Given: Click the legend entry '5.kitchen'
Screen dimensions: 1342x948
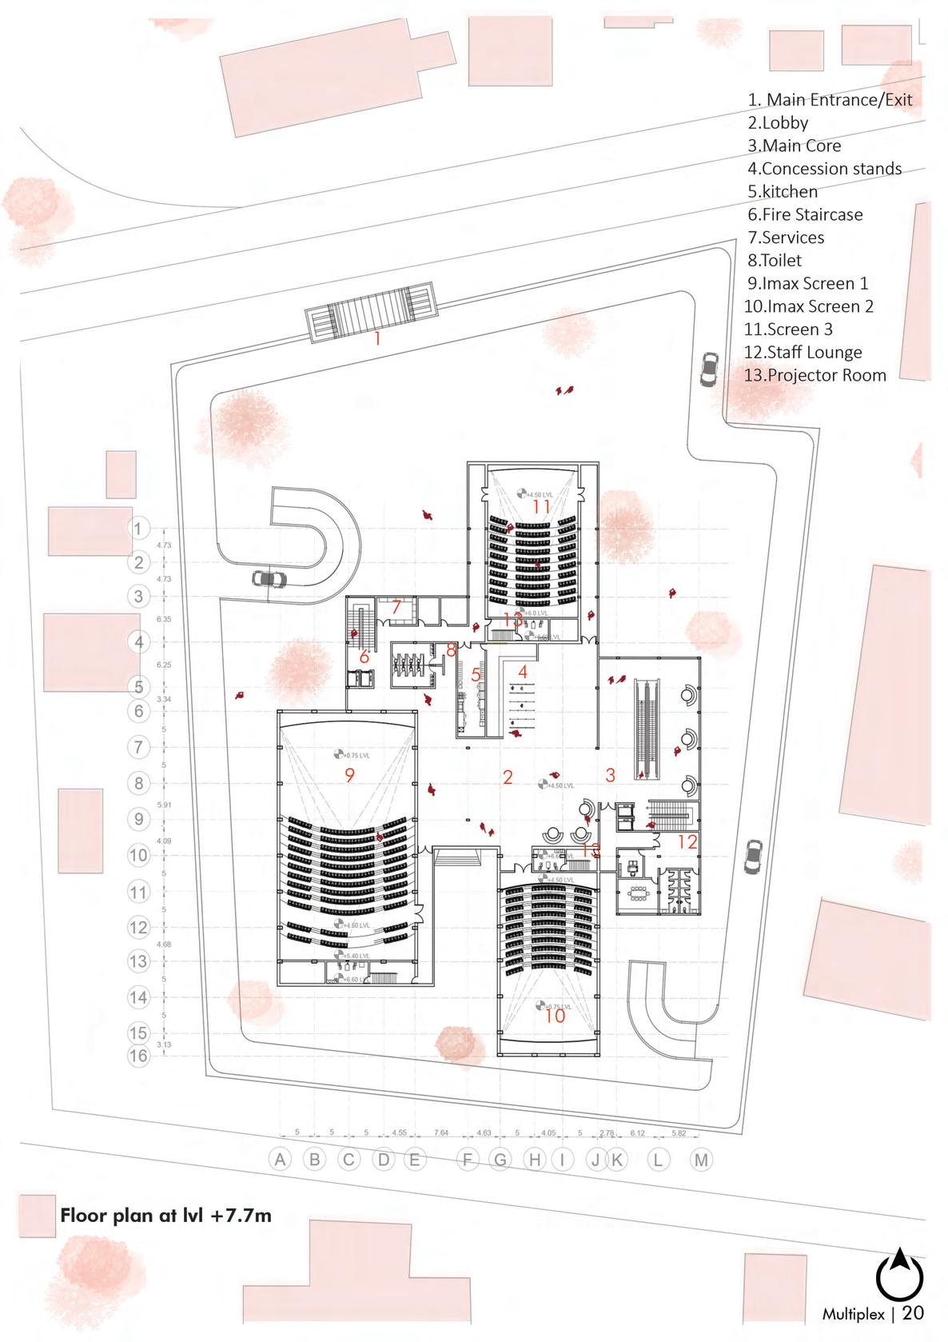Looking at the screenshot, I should [783, 192].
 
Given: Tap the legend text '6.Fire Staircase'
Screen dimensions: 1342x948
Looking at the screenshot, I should [806, 214].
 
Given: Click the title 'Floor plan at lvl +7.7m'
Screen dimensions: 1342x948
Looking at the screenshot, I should [165, 1216].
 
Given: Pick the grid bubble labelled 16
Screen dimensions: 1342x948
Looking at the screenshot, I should [139, 1056].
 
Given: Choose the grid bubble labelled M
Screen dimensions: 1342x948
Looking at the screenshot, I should [700, 1160].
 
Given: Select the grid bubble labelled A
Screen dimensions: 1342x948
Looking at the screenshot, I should [280, 1160].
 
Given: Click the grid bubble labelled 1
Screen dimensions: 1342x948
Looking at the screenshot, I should [139, 529].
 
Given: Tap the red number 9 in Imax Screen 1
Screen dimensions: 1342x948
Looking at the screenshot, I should [349, 774].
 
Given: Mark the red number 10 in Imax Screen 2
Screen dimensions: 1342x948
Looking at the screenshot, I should [555, 1016].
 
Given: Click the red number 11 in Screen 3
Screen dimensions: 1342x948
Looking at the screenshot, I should [541, 506].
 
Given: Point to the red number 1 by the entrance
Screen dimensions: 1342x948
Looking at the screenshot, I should [378, 339].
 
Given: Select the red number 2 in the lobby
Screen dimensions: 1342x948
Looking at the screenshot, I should [508, 777].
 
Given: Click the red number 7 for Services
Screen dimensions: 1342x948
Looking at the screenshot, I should [396, 607].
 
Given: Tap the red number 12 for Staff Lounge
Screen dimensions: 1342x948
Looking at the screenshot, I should [687, 841].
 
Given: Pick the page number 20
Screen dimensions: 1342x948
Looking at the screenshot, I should [915, 1312].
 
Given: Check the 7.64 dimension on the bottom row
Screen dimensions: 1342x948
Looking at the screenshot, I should [440, 1132].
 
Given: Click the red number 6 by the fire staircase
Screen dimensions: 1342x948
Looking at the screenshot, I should [364, 657].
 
